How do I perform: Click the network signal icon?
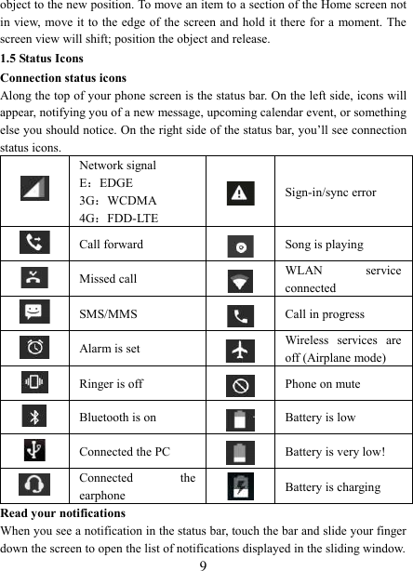[x=34, y=192]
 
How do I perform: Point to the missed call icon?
[x=34, y=278]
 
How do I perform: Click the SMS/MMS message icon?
[x=34, y=312]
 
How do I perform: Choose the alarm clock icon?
[x=34, y=347]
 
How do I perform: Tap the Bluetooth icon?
[x=34, y=417]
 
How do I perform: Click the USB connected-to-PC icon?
[x=34, y=451]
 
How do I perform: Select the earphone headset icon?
[x=34, y=485]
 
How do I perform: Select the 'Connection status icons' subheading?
[x=64, y=77]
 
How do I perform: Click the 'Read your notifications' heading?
[x=65, y=513]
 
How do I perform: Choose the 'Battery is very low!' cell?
[x=335, y=451]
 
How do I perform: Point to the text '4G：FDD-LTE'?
[x=118, y=218]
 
